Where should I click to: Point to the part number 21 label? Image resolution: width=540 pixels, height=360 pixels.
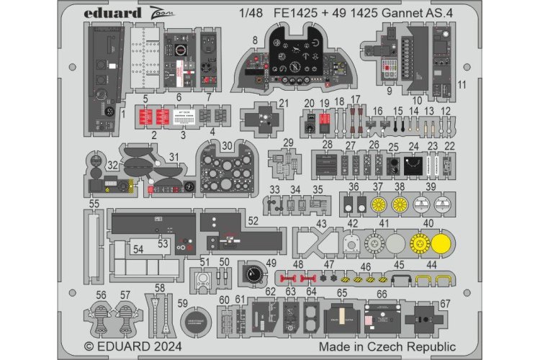pos(263,104)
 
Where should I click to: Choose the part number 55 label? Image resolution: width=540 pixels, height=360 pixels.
pos(94,204)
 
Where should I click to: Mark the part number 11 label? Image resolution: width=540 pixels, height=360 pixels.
pos(462,85)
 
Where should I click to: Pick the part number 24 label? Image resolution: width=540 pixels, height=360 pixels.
pos(413,148)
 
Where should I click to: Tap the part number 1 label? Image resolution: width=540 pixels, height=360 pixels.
pos(123,112)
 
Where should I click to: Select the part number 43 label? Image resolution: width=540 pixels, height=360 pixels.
pos(321,224)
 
